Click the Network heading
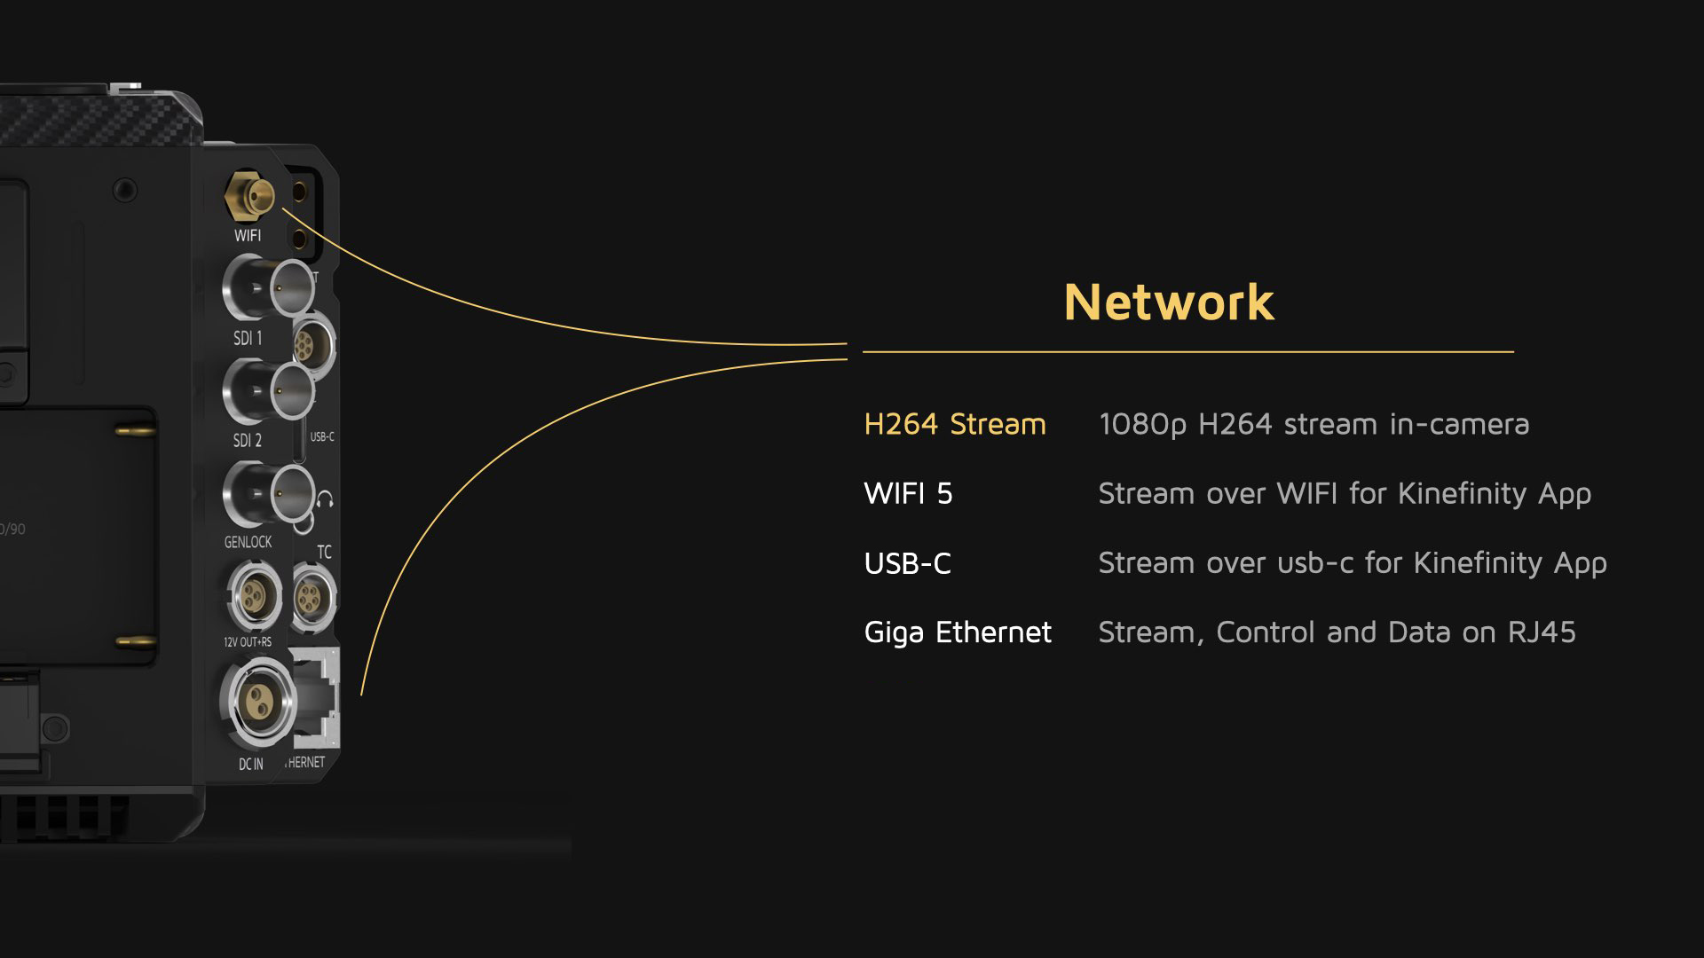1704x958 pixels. point(1168,302)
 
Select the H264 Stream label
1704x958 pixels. point(954,424)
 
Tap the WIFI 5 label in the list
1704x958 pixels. point(908,493)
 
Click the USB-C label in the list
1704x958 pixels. point(907,563)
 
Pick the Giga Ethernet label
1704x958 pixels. point(957,632)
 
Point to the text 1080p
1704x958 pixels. point(1142,425)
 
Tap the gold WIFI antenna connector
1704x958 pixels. point(251,195)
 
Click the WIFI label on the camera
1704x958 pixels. point(248,235)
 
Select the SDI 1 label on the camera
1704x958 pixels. point(248,338)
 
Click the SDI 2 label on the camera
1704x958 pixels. point(248,440)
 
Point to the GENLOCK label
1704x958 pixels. point(248,541)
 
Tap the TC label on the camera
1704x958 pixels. point(324,552)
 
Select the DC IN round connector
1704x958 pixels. point(257,703)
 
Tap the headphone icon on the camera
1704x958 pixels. point(325,499)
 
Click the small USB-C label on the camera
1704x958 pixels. point(322,436)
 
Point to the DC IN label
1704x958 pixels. point(250,764)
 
